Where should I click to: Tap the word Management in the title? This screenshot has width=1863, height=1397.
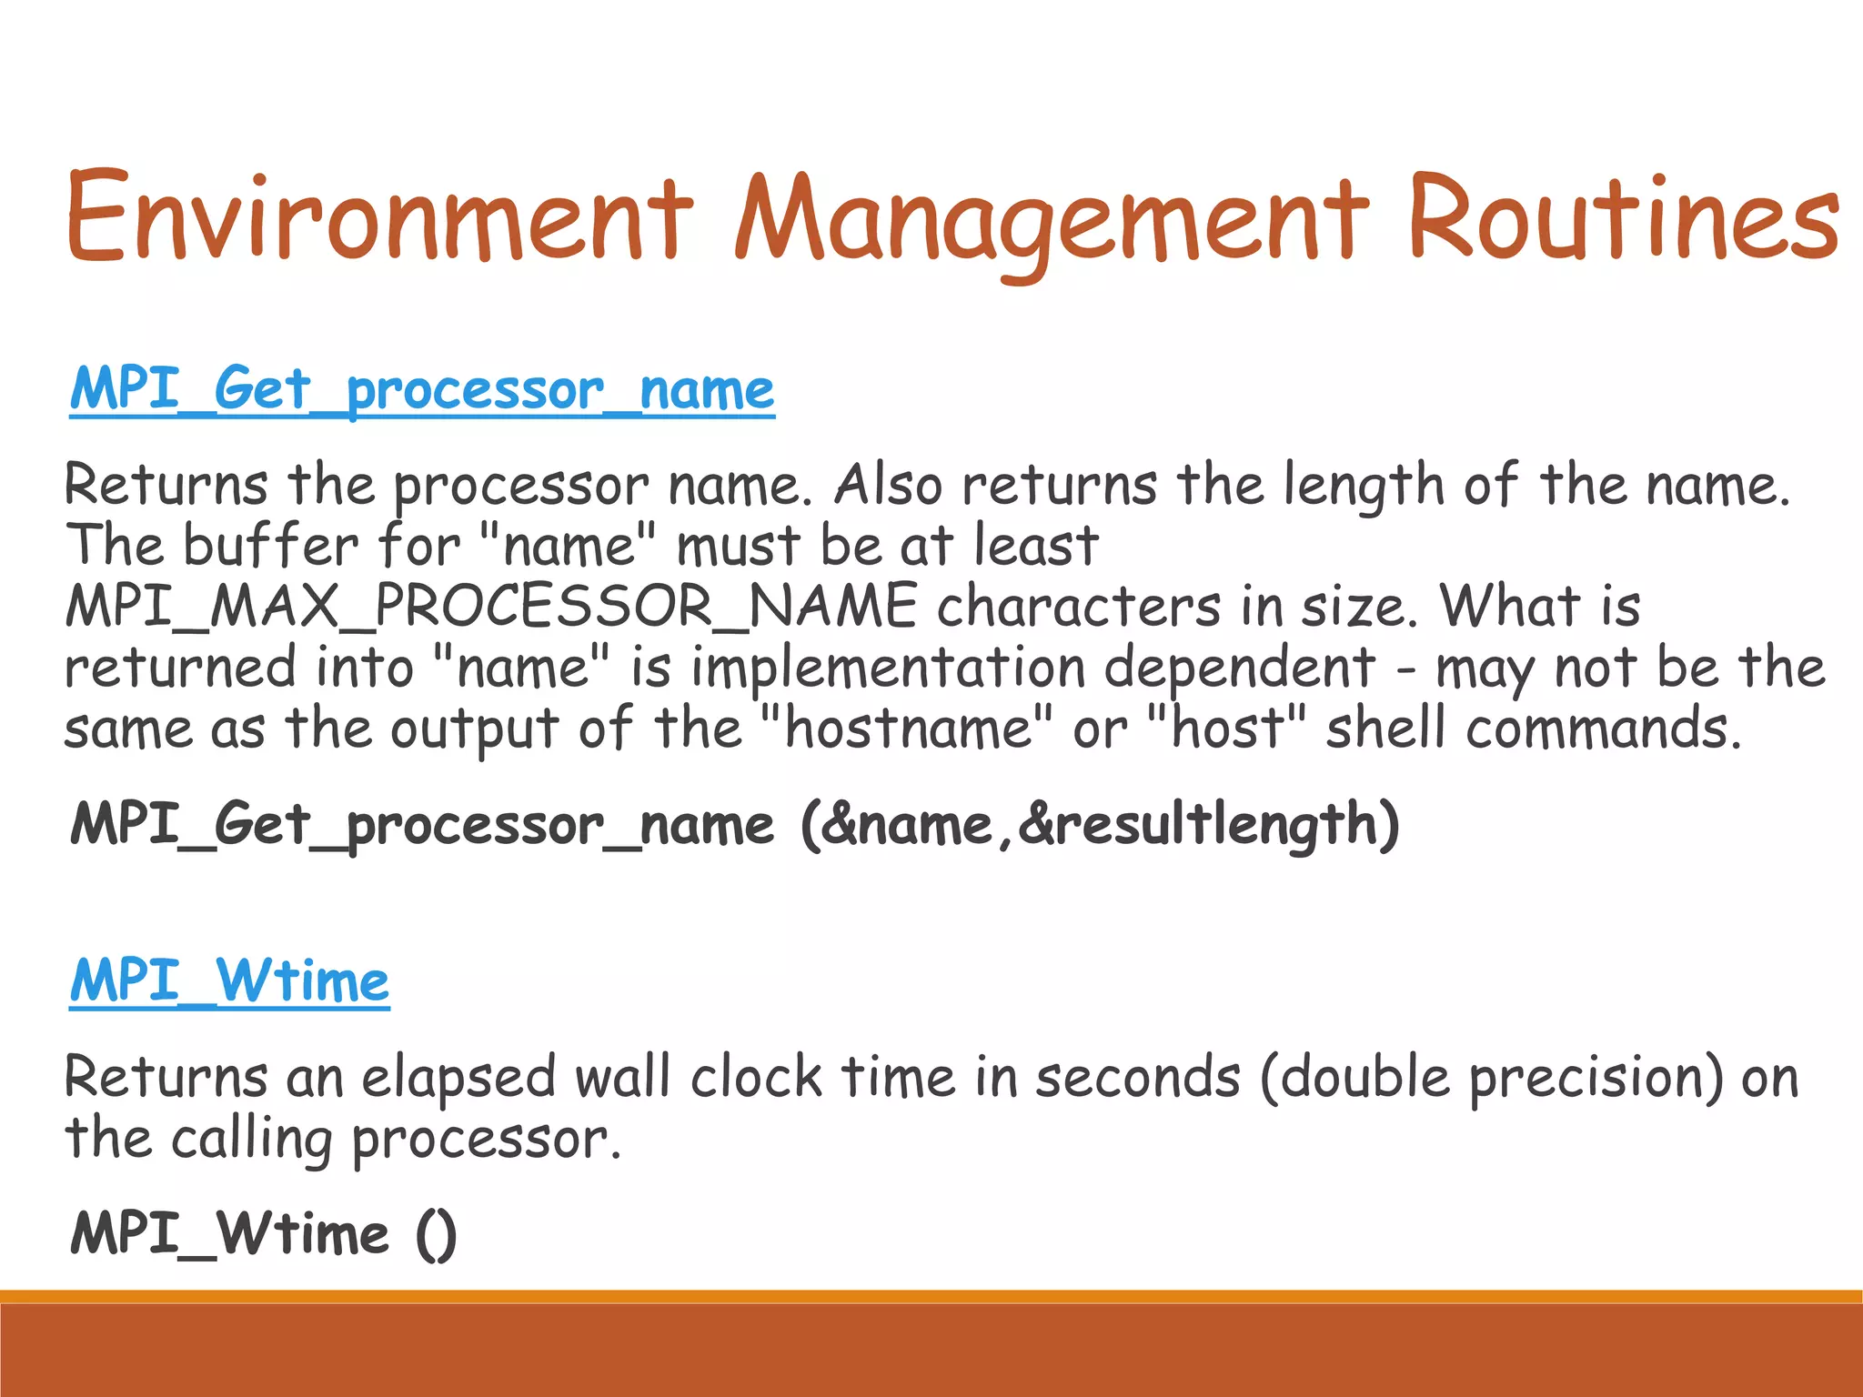coord(1052,218)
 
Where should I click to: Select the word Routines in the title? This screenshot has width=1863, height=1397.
coord(1623,218)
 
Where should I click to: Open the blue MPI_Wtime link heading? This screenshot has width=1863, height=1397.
coord(230,981)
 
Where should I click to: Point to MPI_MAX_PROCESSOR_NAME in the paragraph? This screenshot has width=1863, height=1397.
coord(491,607)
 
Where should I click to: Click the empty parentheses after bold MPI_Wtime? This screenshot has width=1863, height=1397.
coord(437,1235)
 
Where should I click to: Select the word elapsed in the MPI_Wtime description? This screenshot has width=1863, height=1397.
coord(458,1079)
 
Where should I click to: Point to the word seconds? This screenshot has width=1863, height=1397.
coord(1138,1079)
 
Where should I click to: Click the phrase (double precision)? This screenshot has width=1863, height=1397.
coord(1492,1079)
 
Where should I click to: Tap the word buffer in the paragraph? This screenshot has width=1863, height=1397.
coord(272,546)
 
